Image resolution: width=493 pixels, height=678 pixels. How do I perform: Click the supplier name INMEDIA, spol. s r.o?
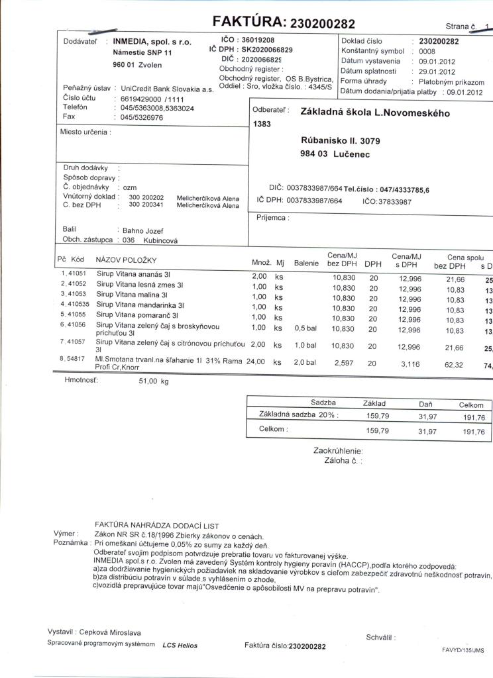pyautogui.click(x=152, y=42)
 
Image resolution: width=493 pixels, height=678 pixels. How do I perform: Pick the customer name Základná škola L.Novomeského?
pyautogui.click(x=375, y=113)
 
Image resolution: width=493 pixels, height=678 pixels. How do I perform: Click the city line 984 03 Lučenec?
pyautogui.click(x=335, y=154)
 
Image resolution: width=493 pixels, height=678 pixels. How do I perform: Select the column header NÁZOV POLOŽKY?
pyautogui.click(x=126, y=260)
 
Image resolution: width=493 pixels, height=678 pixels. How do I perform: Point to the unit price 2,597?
pyautogui.click(x=346, y=363)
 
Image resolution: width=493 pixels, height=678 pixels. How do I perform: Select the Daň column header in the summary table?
pyautogui.click(x=426, y=403)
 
